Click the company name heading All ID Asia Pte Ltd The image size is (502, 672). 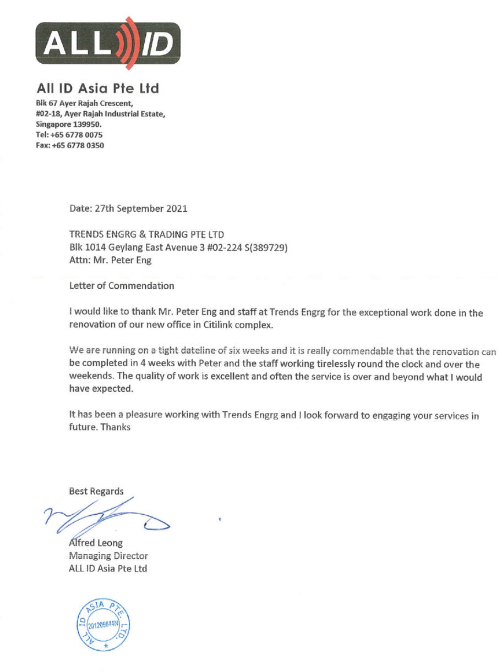click(97, 88)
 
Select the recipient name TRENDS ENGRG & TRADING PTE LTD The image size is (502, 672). click(146, 235)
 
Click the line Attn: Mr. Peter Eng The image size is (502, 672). click(110, 261)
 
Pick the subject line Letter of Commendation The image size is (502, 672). click(122, 286)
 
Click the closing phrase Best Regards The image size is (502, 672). click(96, 491)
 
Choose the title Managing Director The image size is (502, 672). click(108, 556)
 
